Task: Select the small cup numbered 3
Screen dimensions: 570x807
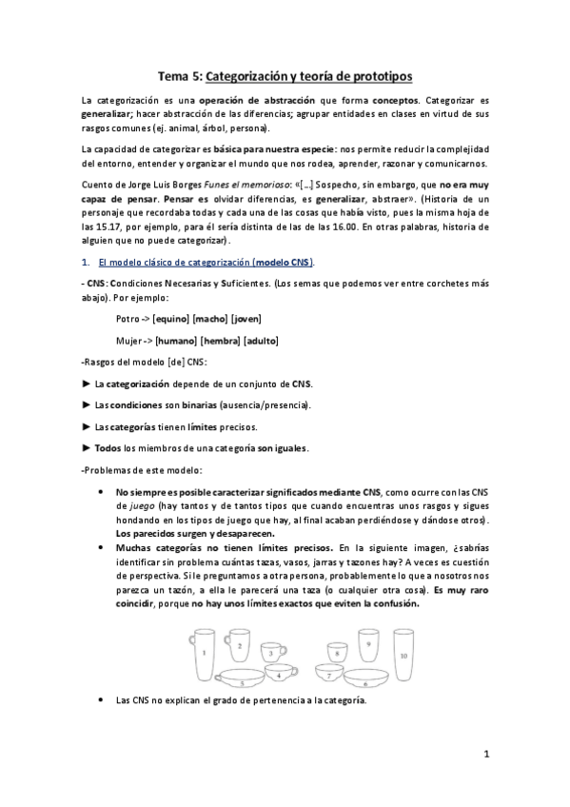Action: coord(272,653)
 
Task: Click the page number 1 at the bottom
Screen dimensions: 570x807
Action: coord(486,755)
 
